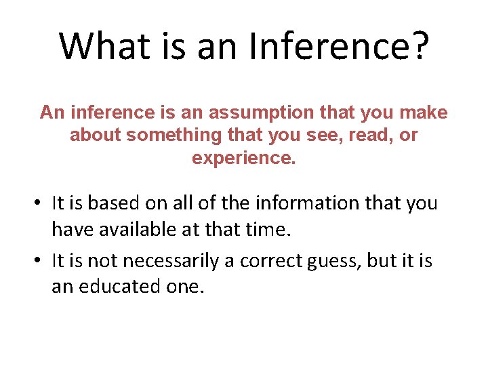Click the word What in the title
102,45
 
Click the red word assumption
265,113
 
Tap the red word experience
244,159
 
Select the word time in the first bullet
269,230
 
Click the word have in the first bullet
73,230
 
